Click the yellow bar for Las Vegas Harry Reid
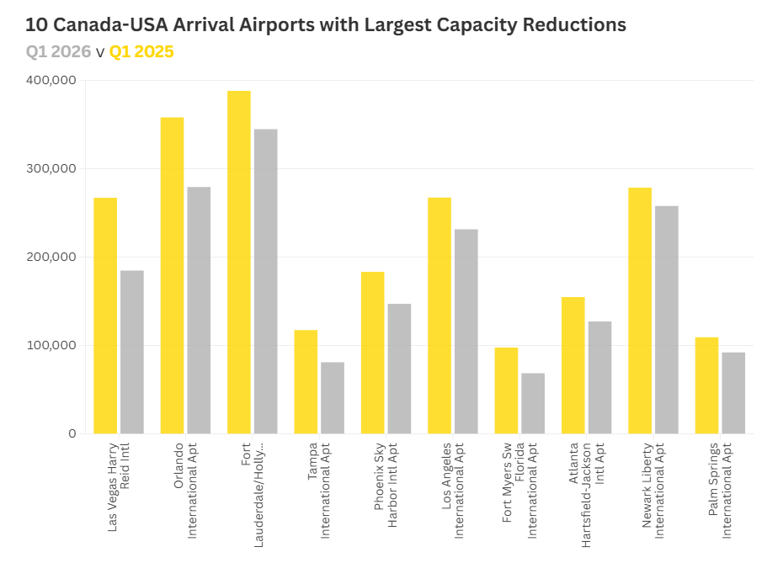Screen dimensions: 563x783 (x=105, y=316)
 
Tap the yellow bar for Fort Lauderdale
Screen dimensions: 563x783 (x=239, y=262)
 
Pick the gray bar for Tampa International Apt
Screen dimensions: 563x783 (x=333, y=397)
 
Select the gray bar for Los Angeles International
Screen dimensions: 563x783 (x=466, y=331)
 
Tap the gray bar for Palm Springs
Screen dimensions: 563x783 (x=733, y=392)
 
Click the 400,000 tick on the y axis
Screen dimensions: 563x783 (x=52, y=81)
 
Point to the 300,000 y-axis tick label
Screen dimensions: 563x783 (x=52, y=168)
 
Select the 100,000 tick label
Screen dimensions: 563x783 (x=52, y=345)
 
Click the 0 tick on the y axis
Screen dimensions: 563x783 (x=72, y=433)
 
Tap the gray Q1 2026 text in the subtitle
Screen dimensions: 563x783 (x=58, y=52)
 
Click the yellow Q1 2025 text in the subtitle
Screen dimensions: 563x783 (x=141, y=52)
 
